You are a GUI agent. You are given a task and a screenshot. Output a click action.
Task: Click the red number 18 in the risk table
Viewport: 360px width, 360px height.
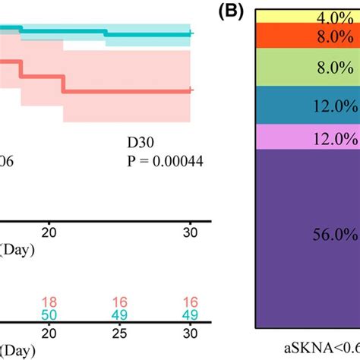point(49,302)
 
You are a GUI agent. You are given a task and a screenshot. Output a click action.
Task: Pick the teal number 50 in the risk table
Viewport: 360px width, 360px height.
point(49,315)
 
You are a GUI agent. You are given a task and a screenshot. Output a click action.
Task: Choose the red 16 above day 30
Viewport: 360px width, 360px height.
point(192,302)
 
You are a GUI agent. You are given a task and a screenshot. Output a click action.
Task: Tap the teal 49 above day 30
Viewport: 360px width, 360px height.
point(192,315)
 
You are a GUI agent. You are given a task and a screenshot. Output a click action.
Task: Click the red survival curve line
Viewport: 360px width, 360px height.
point(122,91)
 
